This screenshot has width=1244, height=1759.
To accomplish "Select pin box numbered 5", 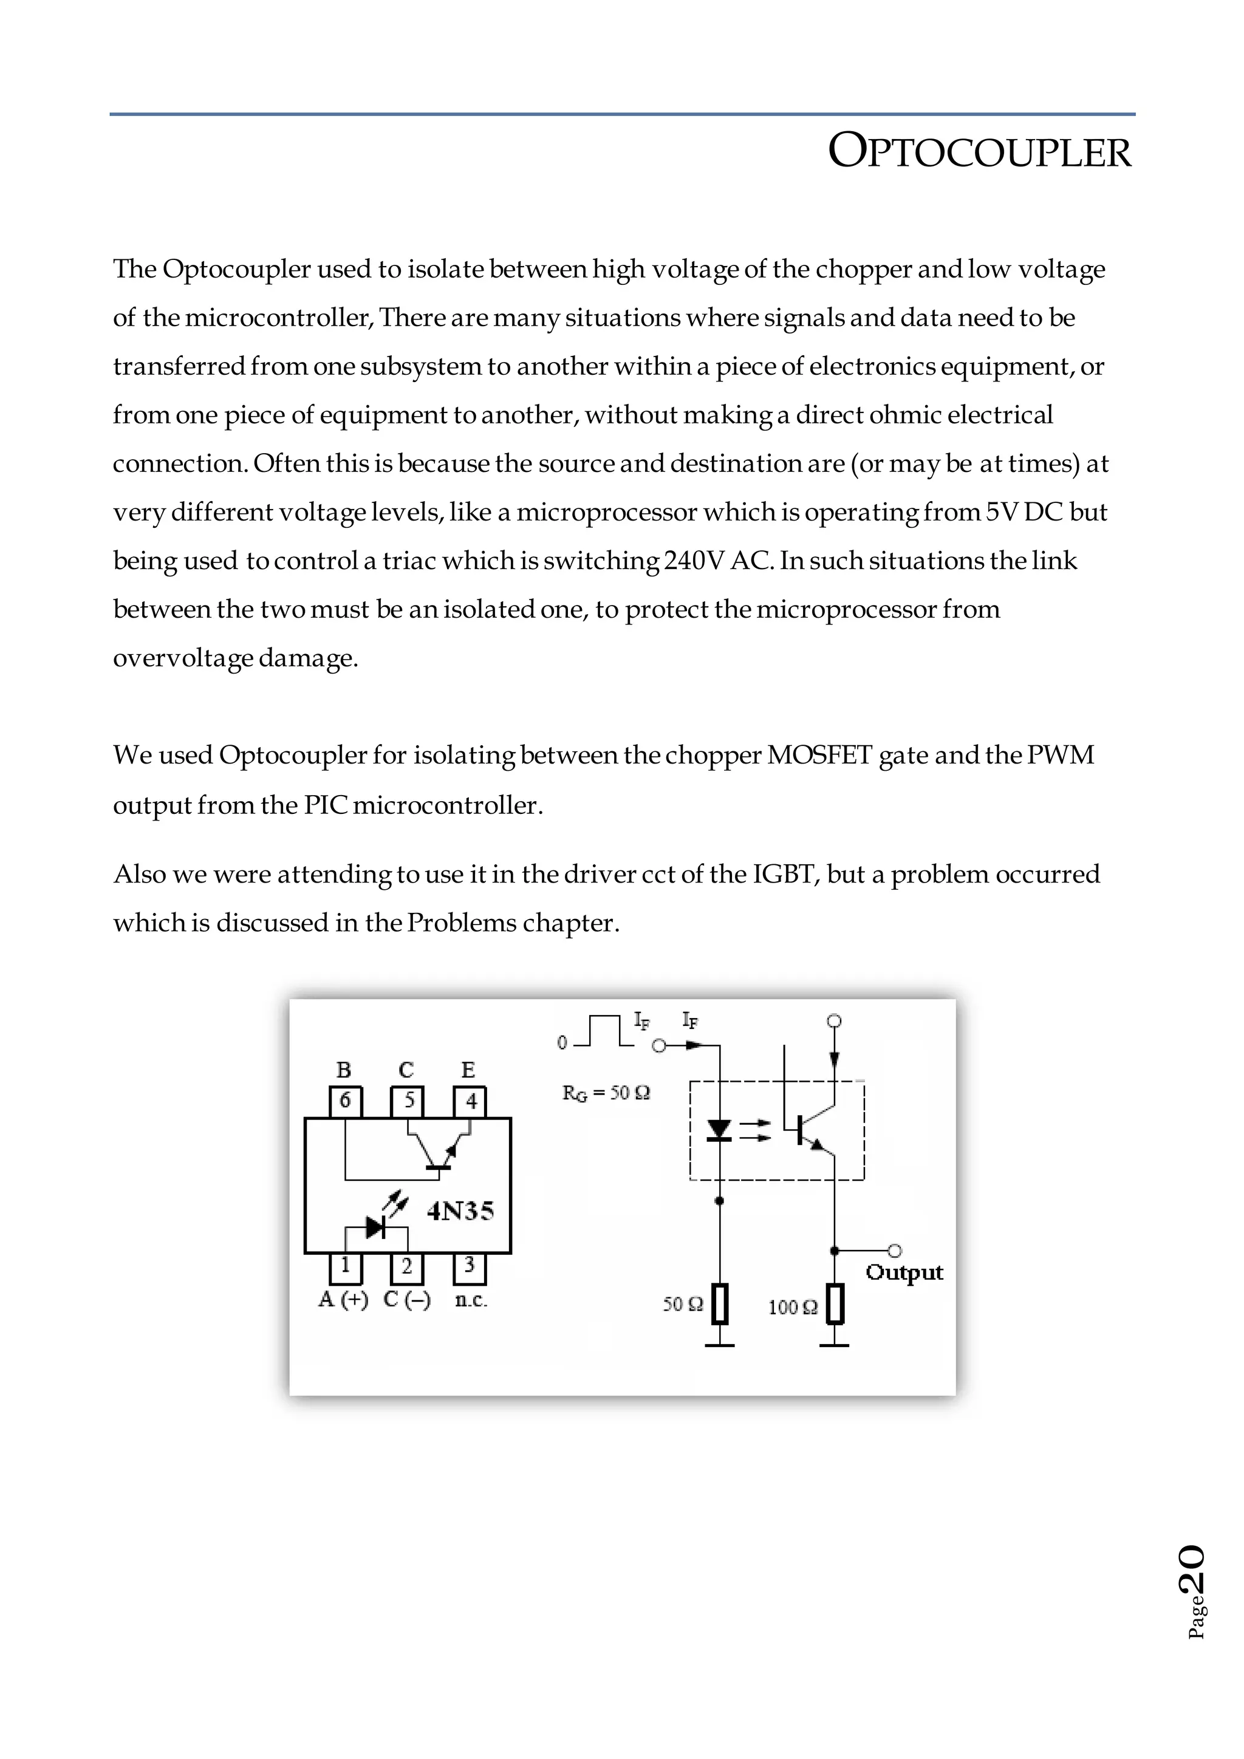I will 408,1102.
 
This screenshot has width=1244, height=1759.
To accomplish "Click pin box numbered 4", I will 470,1102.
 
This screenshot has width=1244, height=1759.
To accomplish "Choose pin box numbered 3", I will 470,1267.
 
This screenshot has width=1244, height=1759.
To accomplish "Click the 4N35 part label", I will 460,1211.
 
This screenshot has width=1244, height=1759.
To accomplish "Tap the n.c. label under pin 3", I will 470,1300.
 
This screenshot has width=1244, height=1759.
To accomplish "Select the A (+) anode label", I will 343,1300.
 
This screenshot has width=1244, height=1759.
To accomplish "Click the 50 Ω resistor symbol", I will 719,1304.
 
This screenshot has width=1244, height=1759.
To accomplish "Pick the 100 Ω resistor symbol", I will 835,1304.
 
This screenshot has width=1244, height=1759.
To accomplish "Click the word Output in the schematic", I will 904,1272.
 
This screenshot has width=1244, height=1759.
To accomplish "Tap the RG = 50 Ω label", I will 606,1093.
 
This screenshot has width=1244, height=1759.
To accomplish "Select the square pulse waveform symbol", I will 604,1031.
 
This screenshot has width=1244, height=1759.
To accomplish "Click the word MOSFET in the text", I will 819,756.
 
